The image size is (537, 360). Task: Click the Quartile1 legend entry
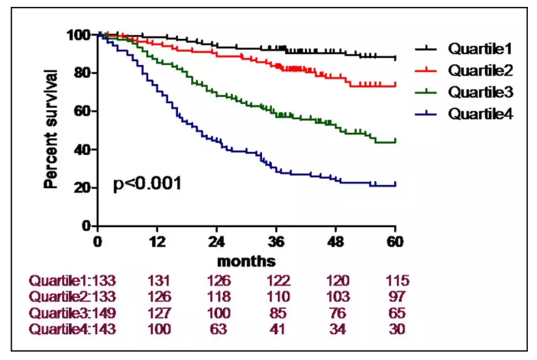480,49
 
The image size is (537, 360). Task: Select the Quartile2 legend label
480,71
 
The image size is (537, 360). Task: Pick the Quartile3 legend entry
480,92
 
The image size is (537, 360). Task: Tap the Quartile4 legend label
480,114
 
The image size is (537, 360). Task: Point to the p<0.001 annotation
147,184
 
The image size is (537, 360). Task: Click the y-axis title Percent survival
51,129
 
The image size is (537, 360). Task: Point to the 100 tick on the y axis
77,35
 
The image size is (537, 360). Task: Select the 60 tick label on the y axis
81,112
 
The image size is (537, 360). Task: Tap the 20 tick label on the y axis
81,188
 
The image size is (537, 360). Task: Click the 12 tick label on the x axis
157,242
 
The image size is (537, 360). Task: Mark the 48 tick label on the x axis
336,242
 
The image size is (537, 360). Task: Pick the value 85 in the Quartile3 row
278,313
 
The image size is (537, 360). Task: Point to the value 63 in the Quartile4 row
218,329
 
